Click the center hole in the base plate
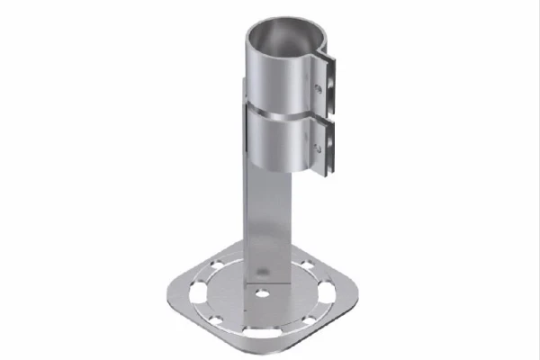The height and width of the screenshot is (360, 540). [261, 293]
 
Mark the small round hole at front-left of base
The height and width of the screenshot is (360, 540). [216, 319]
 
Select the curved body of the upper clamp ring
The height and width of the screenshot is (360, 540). [274, 81]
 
